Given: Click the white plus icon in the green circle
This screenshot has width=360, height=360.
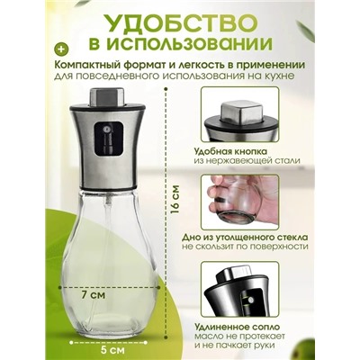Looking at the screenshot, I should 60,45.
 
